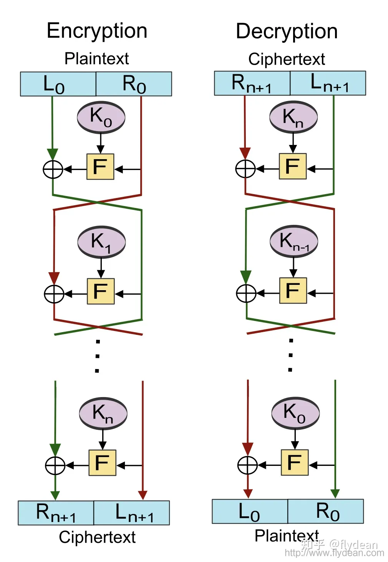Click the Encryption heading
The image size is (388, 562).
pos(97,31)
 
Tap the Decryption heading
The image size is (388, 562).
pos(287,32)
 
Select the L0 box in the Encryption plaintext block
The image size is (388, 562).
pos(58,84)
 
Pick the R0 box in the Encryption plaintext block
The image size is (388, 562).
pos(134,84)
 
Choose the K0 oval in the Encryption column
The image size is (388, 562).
pos(101,117)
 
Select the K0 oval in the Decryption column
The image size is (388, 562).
pos(295,412)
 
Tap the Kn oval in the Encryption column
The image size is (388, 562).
pos(103,413)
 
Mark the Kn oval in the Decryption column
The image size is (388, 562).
pos(293,117)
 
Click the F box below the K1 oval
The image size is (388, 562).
pos(101,291)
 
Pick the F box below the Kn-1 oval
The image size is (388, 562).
pos(293,291)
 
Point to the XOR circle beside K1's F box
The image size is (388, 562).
pos(54,294)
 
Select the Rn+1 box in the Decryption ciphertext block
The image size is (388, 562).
pos(252,83)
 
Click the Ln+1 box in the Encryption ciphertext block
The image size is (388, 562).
pos(132,513)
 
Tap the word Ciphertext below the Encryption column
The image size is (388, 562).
pos(97,537)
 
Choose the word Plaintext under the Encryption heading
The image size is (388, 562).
pos(96,59)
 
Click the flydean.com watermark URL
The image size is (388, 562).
pos(334,553)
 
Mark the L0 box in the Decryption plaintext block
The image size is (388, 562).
pos(250,512)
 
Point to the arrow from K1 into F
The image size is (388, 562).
pos(101,268)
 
